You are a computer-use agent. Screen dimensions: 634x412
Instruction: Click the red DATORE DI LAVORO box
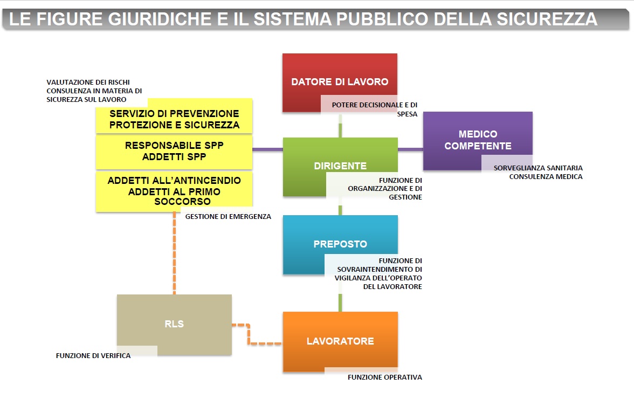340,83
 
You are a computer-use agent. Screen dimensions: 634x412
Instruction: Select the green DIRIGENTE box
340,167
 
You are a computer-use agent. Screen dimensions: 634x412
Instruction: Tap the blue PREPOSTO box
340,245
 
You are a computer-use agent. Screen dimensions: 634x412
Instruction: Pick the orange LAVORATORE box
340,341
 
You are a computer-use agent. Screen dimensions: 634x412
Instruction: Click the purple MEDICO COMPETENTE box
478,140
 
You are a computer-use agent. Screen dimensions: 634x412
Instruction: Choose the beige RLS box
174,325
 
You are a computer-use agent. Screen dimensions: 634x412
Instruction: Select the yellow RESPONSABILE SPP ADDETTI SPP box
174,152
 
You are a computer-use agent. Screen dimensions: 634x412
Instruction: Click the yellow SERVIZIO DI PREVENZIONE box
174,116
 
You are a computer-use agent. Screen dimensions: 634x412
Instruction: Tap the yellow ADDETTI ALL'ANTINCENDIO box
174,191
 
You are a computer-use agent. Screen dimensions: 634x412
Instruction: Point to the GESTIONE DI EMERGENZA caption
228,217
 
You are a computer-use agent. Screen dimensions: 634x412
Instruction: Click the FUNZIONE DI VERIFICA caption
93,356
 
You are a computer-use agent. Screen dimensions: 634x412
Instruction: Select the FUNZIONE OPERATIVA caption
385,377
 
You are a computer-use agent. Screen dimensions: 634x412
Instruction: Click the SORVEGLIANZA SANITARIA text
538,168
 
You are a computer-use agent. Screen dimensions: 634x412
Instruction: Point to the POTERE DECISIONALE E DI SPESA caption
375,109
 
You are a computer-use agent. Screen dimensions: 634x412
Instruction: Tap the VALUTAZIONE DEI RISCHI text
88,82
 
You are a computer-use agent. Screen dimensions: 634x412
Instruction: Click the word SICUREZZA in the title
547,19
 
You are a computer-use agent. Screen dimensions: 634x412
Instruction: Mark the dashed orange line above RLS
174,253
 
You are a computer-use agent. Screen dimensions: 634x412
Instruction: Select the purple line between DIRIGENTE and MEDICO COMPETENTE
410,149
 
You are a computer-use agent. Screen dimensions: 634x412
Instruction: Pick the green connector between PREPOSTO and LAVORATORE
340,303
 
